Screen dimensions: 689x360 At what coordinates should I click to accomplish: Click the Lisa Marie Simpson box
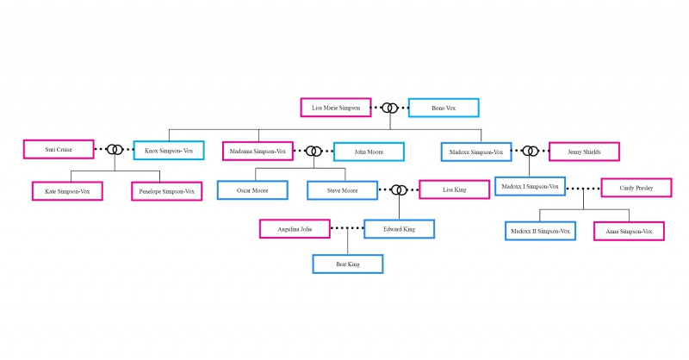pos(336,108)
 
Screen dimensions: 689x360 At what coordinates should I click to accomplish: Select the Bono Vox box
pos(444,108)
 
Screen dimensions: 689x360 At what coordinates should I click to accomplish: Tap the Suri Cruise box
pos(59,150)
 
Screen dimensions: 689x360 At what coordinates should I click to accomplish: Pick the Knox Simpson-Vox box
pos(169,151)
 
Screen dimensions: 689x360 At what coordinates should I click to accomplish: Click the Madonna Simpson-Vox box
pos(258,152)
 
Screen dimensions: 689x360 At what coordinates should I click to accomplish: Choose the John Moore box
pos(369,152)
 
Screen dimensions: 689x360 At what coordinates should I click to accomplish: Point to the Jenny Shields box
pos(585,152)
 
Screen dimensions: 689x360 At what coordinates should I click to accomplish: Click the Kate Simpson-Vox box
pos(67,191)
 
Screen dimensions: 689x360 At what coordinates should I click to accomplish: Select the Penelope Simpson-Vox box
pos(167,191)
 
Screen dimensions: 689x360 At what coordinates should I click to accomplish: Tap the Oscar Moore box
pos(252,190)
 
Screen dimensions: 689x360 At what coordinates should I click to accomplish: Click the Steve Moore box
pos(342,190)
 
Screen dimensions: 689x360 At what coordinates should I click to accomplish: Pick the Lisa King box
pos(455,189)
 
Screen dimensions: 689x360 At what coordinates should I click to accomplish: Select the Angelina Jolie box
pos(295,229)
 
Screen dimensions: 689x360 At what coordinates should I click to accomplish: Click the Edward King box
pos(400,229)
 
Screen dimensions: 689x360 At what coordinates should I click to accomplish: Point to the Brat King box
pos(348,264)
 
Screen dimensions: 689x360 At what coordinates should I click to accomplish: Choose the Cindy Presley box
pos(636,188)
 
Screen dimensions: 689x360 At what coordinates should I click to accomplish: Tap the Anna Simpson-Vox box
pos(630,231)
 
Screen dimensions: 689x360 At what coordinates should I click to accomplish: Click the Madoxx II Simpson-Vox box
pos(541,231)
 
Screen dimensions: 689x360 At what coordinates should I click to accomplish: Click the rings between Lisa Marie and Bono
pos(386,108)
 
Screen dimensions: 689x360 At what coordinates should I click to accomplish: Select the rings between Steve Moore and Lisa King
pos(395,189)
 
